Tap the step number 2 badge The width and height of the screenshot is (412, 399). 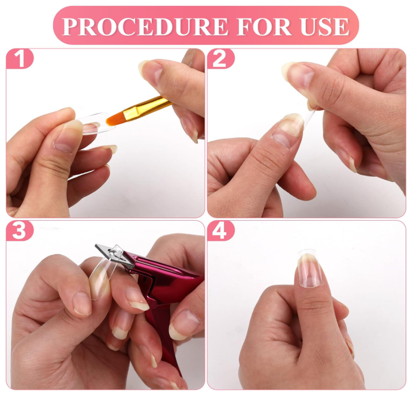(x=220, y=59)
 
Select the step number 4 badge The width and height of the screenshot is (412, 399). (x=220, y=231)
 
